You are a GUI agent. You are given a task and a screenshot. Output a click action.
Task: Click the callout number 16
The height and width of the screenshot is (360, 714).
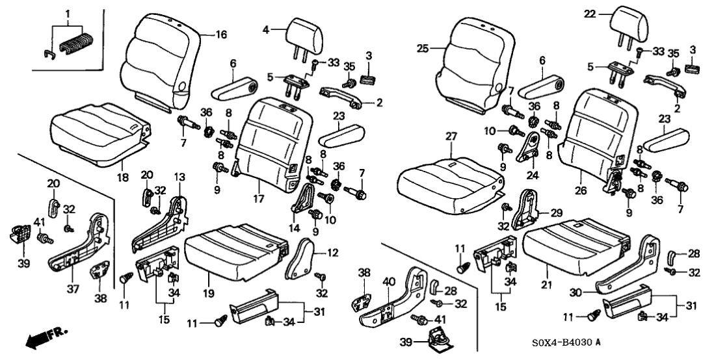[x=222, y=35]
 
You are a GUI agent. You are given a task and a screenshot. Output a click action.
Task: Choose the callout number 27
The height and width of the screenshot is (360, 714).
[x=451, y=136]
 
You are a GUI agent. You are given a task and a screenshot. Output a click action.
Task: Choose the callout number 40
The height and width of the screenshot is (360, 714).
[x=389, y=282]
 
